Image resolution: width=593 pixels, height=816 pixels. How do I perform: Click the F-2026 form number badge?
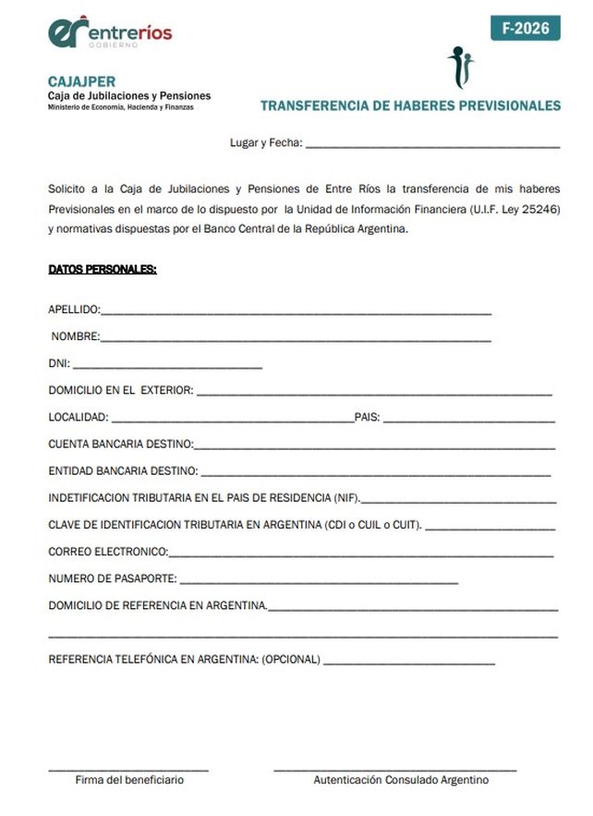[526, 29]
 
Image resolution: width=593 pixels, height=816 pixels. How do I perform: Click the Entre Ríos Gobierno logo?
[110, 33]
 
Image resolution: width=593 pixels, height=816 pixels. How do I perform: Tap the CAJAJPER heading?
[81, 81]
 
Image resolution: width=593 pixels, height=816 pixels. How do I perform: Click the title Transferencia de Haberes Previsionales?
[410, 105]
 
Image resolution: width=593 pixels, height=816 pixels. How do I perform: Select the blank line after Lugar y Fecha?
[432, 145]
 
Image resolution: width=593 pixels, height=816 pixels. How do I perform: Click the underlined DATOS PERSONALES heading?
[103, 270]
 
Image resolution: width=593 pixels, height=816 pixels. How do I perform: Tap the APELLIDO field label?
[74, 310]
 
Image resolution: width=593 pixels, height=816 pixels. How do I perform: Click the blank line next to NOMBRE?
[296, 339]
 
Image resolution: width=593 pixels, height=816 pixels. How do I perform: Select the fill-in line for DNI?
[167, 366]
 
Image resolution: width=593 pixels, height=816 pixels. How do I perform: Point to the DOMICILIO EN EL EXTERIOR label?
[120, 390]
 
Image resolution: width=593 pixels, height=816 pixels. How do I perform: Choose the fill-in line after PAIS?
[468, 420]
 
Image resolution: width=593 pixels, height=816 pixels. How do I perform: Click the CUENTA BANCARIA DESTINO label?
[120, 445]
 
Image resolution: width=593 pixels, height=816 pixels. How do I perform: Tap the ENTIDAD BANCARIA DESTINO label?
[122, 471]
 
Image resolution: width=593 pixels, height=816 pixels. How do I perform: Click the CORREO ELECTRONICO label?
[108, 552]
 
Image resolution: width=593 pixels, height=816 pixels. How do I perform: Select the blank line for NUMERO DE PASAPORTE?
[319, 581]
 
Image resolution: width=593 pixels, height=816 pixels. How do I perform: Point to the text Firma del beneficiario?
[129, 780]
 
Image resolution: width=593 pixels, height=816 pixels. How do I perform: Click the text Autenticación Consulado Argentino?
[401, 780]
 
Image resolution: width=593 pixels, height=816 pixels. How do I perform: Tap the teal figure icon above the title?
[460, 66]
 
